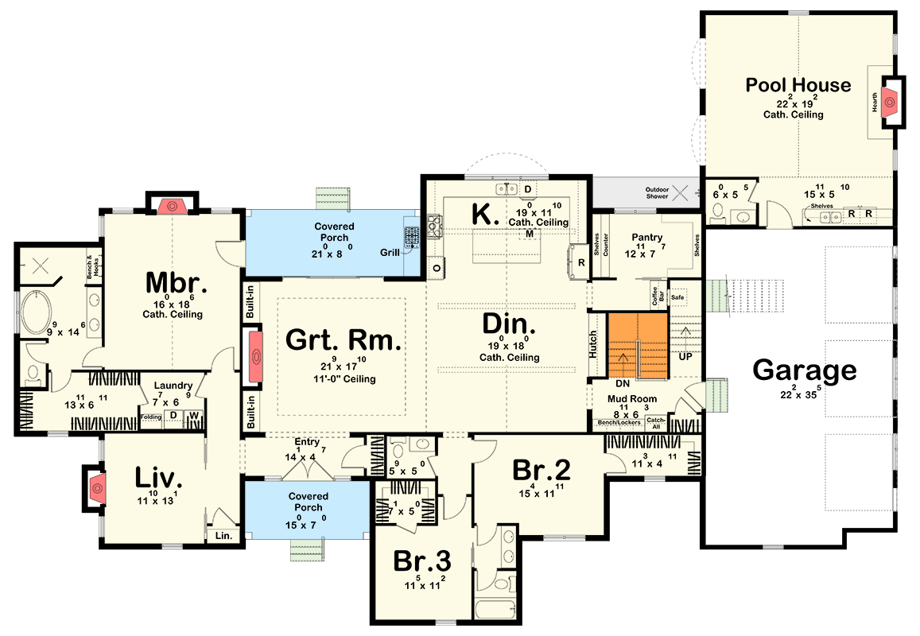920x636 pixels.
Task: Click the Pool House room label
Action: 798,85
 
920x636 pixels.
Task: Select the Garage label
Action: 805,370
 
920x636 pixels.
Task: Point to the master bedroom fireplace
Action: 171,206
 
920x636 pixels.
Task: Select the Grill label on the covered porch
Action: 390,253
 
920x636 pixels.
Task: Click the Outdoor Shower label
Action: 656,192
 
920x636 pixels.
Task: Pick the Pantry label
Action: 647,238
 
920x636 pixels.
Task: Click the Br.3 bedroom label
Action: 422,561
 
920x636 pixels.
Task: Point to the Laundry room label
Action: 173,385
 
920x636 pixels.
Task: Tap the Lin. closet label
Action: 223,537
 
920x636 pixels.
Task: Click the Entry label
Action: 307,442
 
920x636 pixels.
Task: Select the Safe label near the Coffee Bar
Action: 677,297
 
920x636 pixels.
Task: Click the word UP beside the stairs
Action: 685,358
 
